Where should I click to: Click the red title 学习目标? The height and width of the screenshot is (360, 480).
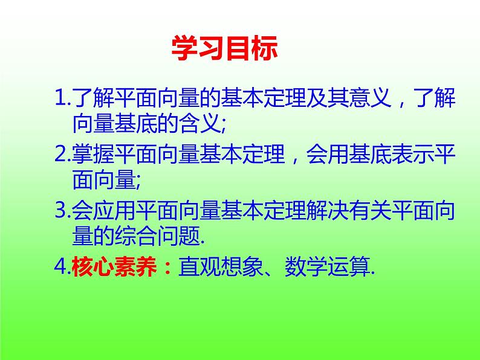[225, 49]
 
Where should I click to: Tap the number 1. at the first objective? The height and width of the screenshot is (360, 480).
[61, 96]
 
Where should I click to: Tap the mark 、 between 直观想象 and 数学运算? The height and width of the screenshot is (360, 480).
[271, 273]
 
